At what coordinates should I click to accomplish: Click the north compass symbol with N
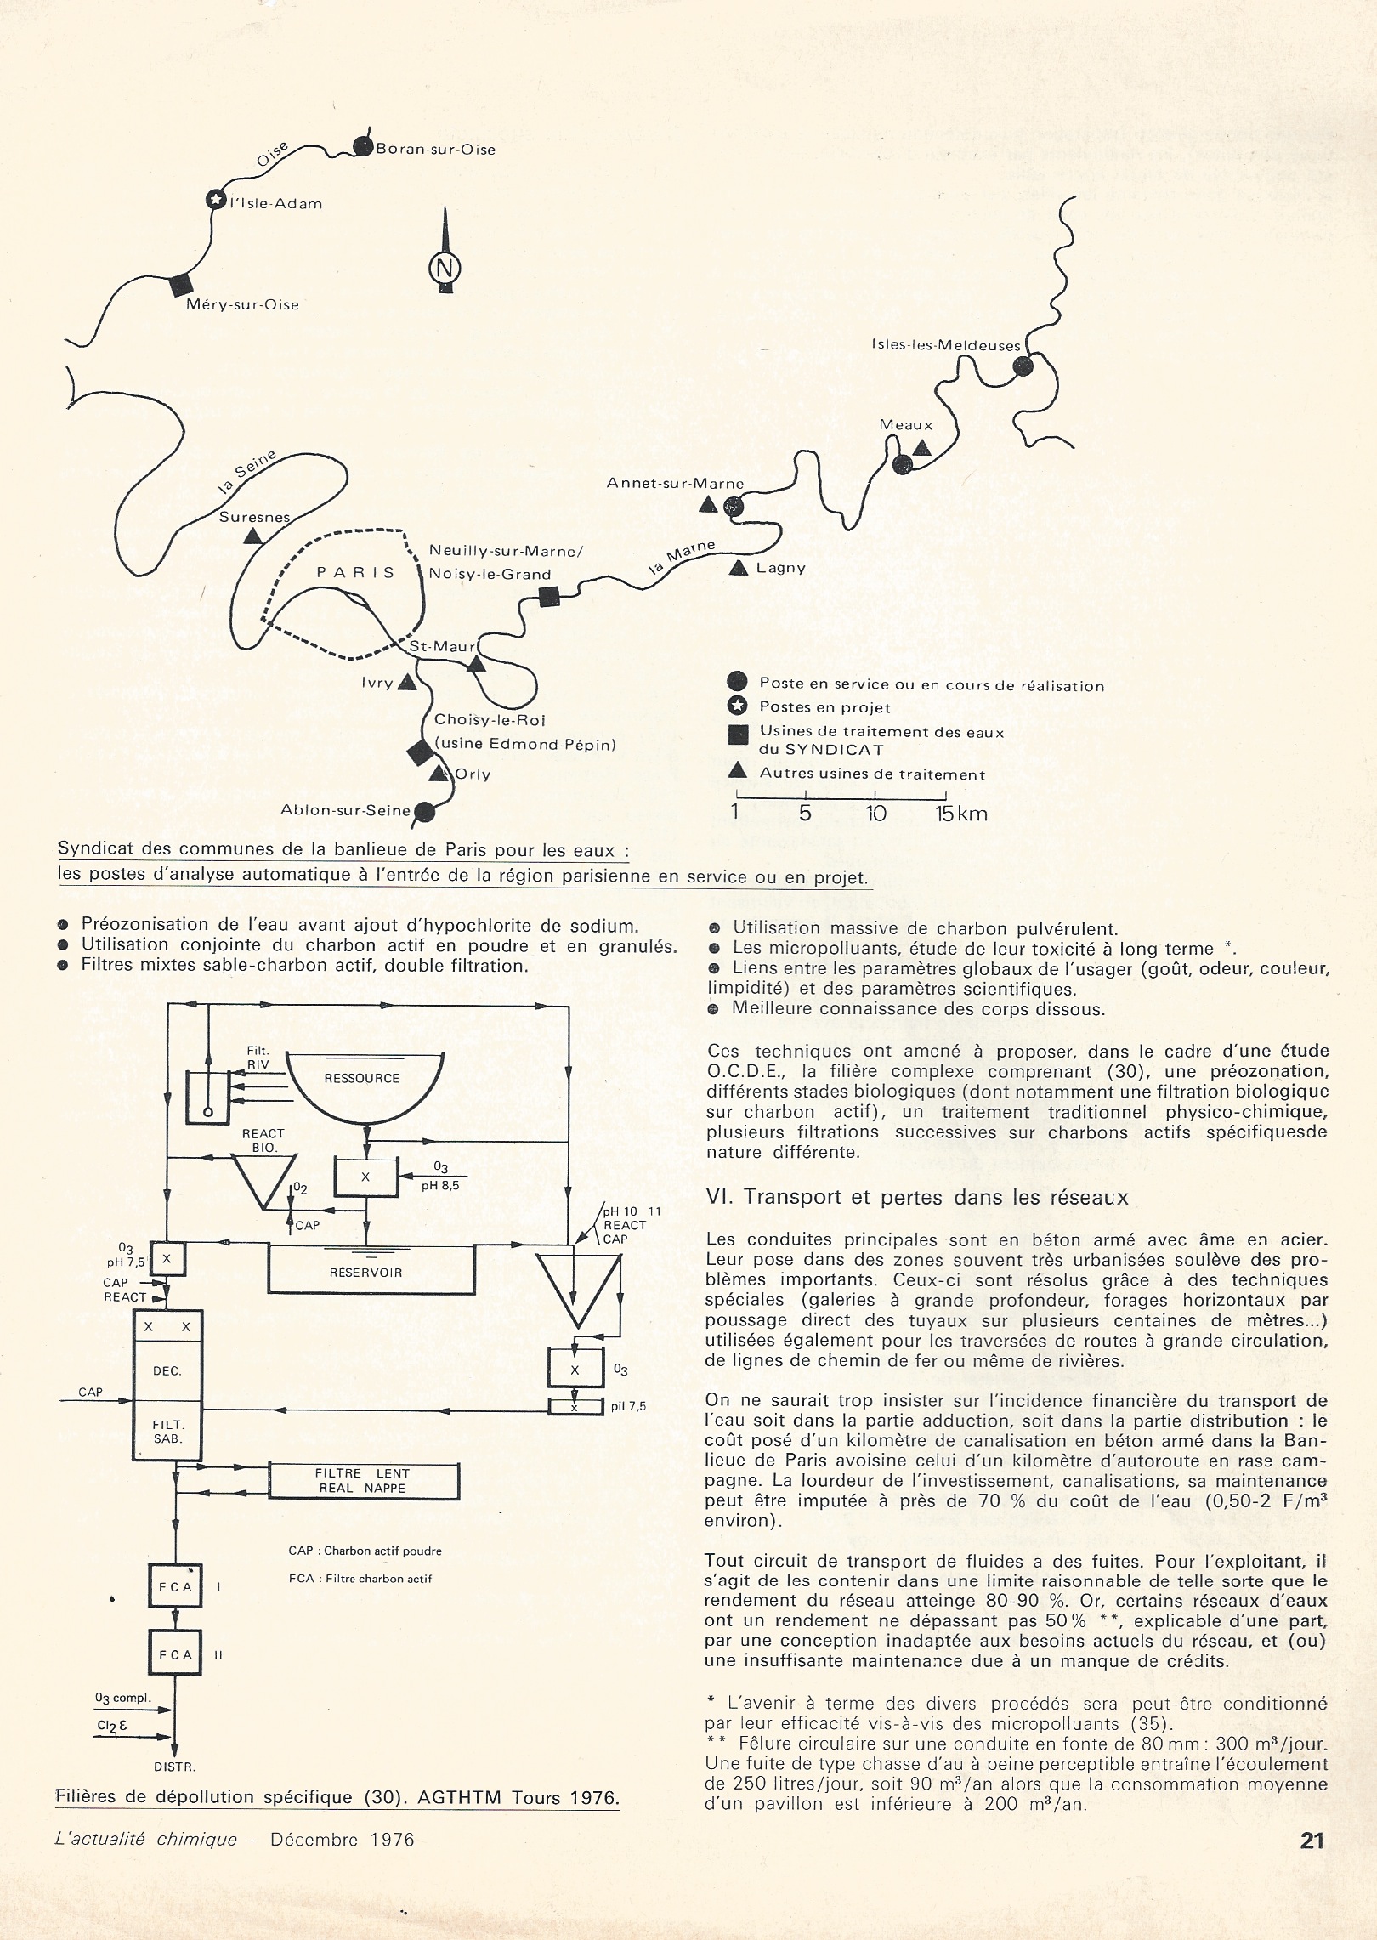444,268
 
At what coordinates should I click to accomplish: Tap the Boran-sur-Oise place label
435,150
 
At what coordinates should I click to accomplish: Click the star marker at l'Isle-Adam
216,200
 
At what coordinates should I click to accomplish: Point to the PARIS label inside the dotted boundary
356,572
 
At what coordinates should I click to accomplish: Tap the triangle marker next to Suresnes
252,536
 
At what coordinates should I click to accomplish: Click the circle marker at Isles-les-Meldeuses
1023,366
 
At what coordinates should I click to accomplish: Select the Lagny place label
780,568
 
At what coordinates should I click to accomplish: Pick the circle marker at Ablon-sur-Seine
425,812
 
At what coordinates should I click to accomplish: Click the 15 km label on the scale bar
961,814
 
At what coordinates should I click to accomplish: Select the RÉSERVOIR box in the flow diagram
366,1273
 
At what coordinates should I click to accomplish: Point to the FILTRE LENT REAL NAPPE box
363,1480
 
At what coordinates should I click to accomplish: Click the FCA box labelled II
174,1655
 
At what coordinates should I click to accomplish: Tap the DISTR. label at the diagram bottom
174,1766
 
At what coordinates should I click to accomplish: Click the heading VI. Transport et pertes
917,1197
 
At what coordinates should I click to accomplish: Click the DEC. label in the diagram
167,1370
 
